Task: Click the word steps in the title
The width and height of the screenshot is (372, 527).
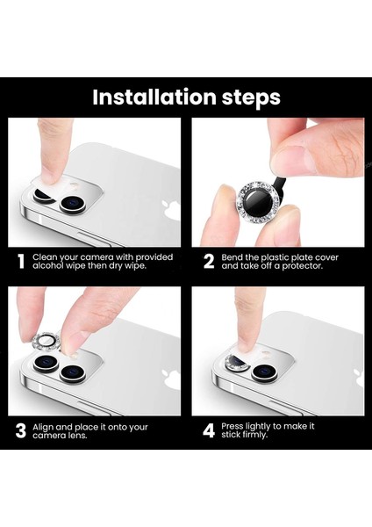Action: pyautogui.click(x=251, y=98)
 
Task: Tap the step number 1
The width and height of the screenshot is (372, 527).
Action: pyautogui.click(x=21, y=262)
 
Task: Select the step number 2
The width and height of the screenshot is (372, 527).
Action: pyautogui.click(x=209, y=262)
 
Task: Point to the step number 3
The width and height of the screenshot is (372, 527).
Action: pyautogui.click(x=21, y=431)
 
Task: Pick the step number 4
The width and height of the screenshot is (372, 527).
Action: pyautogui.click(x=209, y=431)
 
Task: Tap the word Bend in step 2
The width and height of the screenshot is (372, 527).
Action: pyautogui.click(x=232, y=257)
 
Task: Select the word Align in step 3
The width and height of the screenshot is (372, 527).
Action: pyautogui.click(x=43, y=428)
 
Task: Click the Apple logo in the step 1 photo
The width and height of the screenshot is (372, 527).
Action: pyautogui.click(x=171, y=211)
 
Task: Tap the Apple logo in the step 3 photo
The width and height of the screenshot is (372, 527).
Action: pyautogui.click(x=171, y=379)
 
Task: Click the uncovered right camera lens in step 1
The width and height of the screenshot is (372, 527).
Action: pyautogui.click(x=73, y=204)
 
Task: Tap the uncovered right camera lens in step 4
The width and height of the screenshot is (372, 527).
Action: pyautogui.click(x=265, y=372)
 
